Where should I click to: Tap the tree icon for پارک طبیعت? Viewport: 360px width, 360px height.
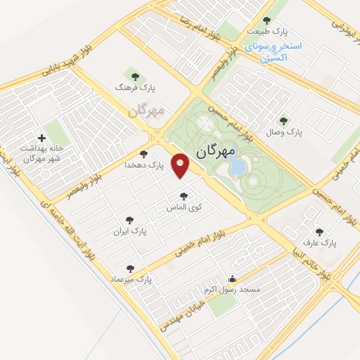point(266,20)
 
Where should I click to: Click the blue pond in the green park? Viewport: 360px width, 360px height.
point(238,167)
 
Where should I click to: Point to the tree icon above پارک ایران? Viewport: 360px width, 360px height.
point(129,220)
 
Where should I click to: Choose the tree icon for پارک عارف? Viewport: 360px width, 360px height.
point(320,231)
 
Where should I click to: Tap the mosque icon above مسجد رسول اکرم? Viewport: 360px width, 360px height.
point(233,278)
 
